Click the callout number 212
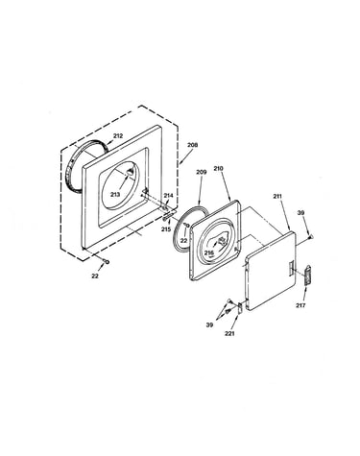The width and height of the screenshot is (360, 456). click(x=118, y=136)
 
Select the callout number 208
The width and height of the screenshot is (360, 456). click(x=192, y=145)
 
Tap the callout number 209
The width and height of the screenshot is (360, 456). click(x=202, y=172)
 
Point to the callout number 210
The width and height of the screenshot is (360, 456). click(x=218, y=168)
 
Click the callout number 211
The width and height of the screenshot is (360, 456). click(x=277, y=196)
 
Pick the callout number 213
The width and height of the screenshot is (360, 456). click(x=115, y=195)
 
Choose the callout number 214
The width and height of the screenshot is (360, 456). click(x=168, y=196)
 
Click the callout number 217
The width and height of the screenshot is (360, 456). click(x=300, y=305)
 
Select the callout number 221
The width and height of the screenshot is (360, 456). click(x=229, y=333)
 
